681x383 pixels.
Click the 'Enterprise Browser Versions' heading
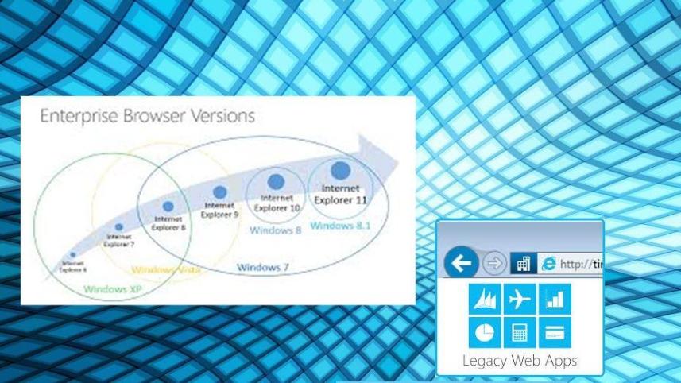pyautogui.click(x=147, y=116)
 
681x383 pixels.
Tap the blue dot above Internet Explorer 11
pyautogui.click(x=341, y=169)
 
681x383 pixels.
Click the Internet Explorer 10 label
pyautogui.click(x=277, y=203)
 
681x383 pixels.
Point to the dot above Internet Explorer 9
pyautogui.click(x=219, y=191)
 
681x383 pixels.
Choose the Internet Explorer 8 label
pyautogui.click(x=168, y=223)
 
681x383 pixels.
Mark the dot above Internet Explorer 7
pyautogui.click(x=119, y=226)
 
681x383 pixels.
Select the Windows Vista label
pyautogui.click(x=166, y=270)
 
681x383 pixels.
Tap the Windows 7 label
pyautogui.click(x=262, y=267)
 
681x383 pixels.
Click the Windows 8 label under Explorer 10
pyautogui.click(x=267, y=230)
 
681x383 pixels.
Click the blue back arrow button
pyautogui.click(x=462, y=263)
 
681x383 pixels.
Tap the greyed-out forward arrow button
pyautogui.click(x=495, y=263)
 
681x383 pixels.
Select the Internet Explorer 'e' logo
pyautogui.click(x=548, y=263)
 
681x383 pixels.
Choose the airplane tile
pyautogui.click(x=520, y=299)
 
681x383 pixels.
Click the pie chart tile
pyautogui.click(x=485, y=331)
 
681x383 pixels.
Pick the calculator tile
pyautogui.click(x=520, y=331)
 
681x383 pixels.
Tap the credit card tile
pyautogui.click(x=555, y=331)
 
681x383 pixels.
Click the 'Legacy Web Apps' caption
pyautogui.click(x=520, y=361)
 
